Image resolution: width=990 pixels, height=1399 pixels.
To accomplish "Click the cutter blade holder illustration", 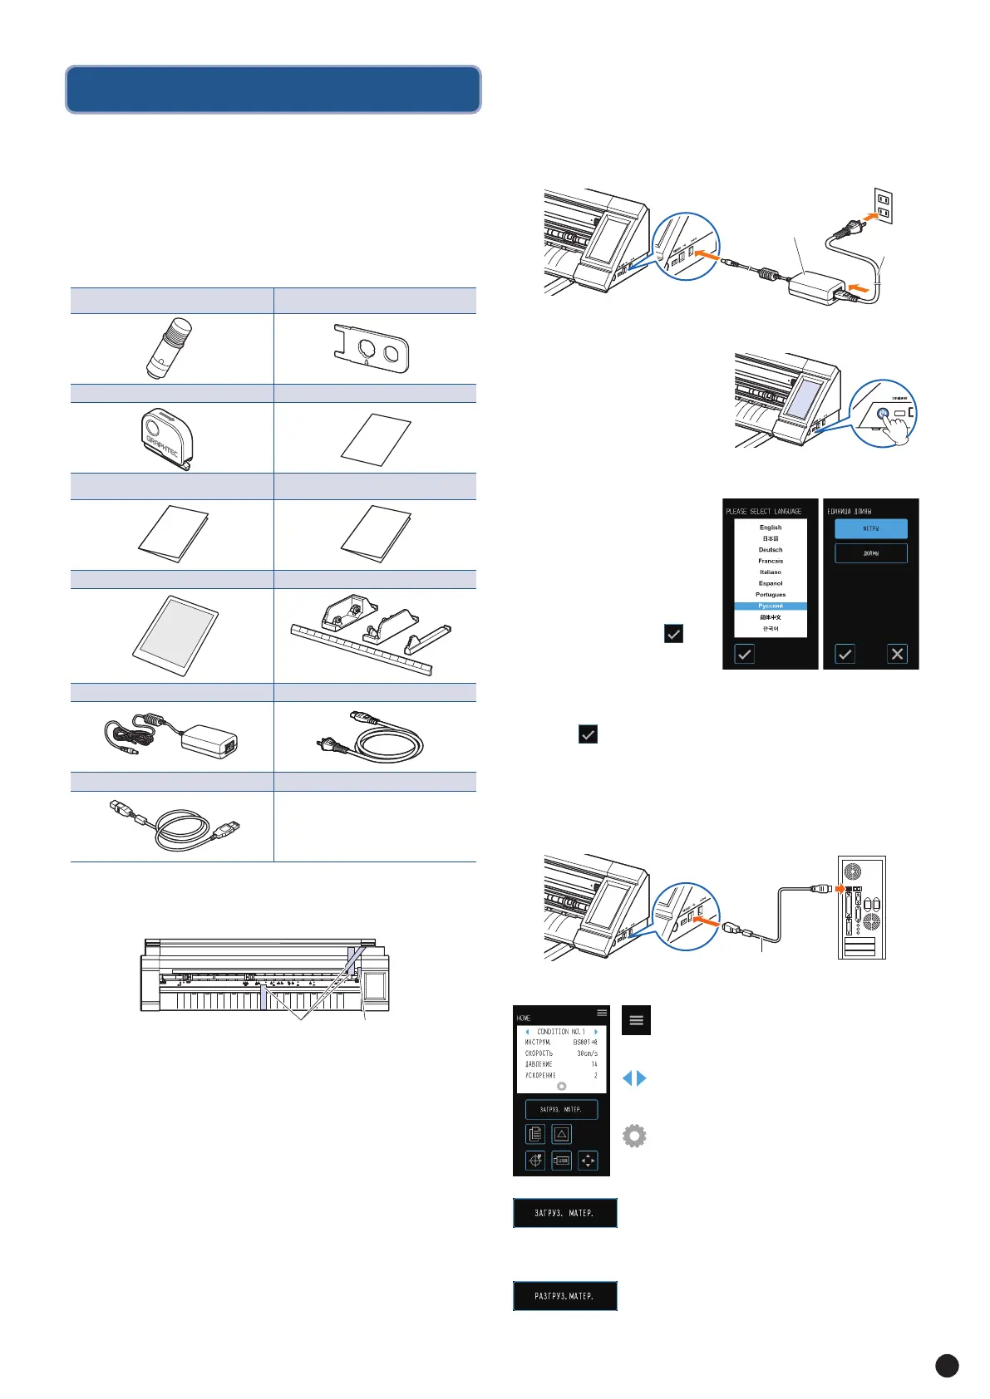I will [169, 349].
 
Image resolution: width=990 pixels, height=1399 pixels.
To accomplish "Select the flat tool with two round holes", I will [367, 348].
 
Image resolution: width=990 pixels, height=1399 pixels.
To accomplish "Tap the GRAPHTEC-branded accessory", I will [165, 438].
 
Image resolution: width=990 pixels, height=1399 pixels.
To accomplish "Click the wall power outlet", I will [884, 207].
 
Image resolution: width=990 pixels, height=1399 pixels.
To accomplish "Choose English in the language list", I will [771, 528].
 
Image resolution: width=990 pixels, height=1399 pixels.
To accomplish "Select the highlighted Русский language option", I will [771, 606].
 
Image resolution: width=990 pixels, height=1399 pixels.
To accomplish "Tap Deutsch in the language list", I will [771, 550].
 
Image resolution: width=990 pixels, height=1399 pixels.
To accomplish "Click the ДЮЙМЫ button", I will [870, 553].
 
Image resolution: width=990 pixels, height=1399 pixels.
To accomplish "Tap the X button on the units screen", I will [897, 654].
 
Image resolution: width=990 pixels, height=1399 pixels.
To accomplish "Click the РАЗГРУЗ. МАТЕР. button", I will [564, 1296].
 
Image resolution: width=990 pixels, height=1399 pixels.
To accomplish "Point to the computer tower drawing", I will [862, 906].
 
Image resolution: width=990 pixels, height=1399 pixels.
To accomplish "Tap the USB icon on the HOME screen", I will [562, 1161].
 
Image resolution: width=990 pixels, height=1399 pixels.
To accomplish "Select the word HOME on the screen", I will [524, 1018].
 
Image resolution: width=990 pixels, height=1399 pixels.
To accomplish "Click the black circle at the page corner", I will [947, 1366].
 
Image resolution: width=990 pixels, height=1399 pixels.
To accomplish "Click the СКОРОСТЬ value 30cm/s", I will [587, 1053].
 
